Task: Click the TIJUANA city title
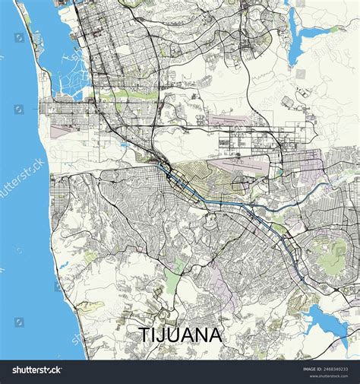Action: pyautogui.click(x=180, y=335)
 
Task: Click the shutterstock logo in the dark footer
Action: pyautogui.click(x=37, y=370)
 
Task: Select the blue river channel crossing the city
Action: pyautogui.click(x=228, y=205)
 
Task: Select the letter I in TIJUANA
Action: pyautogui.click(x=153, y=335)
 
